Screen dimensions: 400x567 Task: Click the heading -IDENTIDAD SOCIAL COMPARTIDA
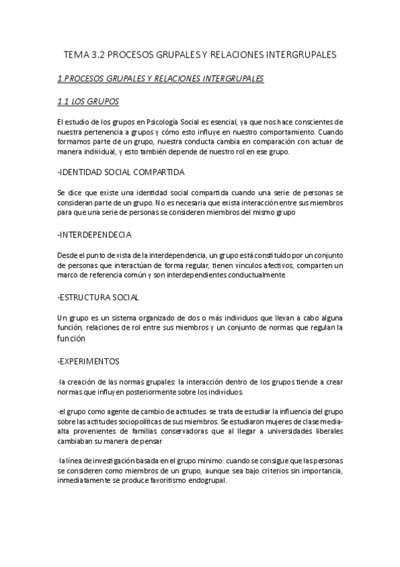coord(122,173)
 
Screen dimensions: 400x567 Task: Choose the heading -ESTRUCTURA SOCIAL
coord(99,298)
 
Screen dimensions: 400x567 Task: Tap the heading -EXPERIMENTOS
coord(89,361)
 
